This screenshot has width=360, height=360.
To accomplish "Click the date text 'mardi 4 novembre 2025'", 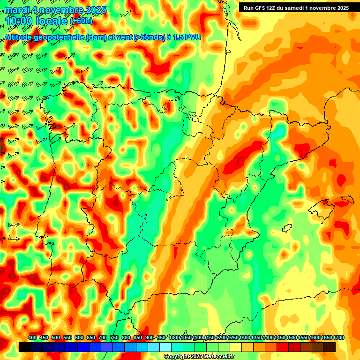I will (55, 10).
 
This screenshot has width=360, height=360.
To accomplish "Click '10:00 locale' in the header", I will (37, 21).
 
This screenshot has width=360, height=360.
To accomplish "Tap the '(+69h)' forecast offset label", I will (81, 21).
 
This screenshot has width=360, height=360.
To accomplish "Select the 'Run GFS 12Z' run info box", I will (294, 7).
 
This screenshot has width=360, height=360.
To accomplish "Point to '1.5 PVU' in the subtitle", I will (187, 37).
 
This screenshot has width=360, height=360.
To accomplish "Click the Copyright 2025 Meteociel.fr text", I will (199, 357).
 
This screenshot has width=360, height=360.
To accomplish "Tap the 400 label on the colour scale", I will (32, 338).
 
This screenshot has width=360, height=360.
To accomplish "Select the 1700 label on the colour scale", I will (326, 338).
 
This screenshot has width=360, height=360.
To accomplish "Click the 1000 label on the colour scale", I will (174, 338).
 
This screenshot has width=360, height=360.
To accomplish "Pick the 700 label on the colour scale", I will (103, 338).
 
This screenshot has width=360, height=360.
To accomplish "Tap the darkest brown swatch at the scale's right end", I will (330, 347).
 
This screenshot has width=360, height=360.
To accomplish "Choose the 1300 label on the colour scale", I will (245, 338).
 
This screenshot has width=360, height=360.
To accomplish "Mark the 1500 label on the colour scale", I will (292, 338).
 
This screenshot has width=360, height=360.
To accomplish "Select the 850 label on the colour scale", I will (138, 338).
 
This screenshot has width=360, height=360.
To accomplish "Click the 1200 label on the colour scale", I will (221, 338).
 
